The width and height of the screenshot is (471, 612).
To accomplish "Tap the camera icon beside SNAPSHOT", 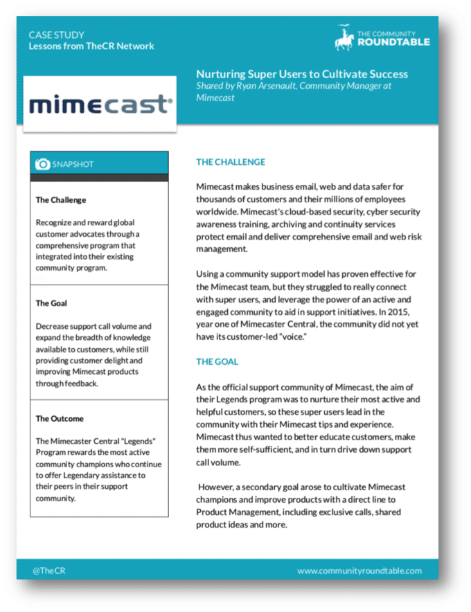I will (x=43, y=164).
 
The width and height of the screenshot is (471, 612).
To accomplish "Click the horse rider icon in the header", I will (x=344, y=37).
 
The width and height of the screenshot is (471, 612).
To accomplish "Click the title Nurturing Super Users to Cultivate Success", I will (x=302, y=74).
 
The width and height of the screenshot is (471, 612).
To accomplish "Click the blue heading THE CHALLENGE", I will (x=231, y=162).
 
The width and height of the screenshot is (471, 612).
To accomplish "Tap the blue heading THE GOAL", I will (x=217, y=361).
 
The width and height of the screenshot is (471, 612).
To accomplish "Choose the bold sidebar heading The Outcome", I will (x=60, y=419).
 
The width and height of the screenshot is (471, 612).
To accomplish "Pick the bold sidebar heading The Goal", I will (x=51, y=303).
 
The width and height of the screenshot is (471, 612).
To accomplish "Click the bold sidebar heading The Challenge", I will (x=61, y=200).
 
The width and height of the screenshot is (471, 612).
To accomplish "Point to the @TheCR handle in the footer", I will (x=48, y=570).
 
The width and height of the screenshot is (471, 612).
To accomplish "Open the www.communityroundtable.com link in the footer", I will (x=359, y=570).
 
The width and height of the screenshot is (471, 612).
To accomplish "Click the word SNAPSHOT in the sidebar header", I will (x=73, y=164).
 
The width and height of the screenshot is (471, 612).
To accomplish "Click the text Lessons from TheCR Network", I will (x=91, y=46).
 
